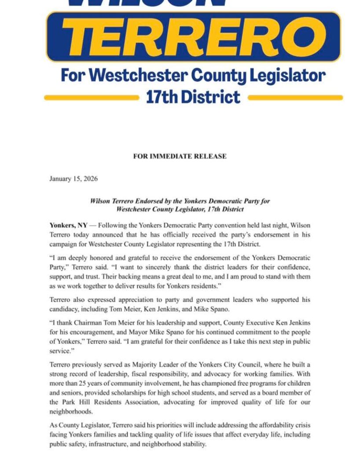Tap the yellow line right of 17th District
pyautogui.click(x=295, y=97)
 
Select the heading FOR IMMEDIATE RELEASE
pyautogui.click(x=180, y=156)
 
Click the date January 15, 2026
pyautogui.click(x=73, y=179)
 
